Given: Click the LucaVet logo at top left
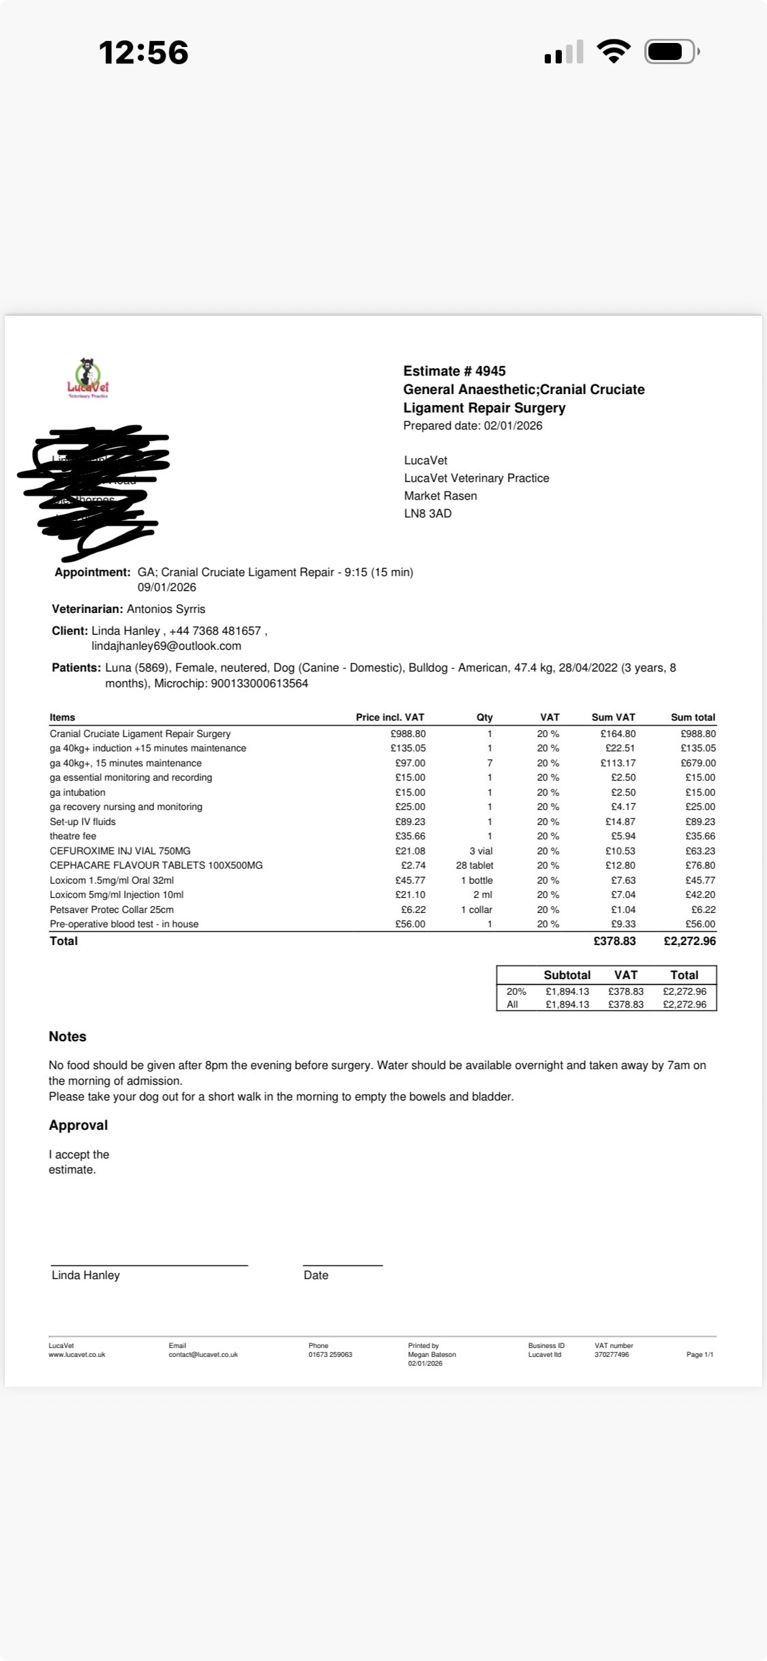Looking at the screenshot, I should pyautogui.click(x=88, y=378).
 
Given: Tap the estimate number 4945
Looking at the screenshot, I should pyautogui.click(x=490, y=371).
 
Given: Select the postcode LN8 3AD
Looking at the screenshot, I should pyautogui.click(x=427, y=513).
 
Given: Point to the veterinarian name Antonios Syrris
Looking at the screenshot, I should pyautogui.click(x=166, y=609).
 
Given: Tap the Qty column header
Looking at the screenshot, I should pyautogui.click(x=484, y=717).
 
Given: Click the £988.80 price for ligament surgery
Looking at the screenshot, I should pyautogui.click(x=408, y=734).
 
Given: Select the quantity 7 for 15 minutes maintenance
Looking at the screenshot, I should pyautogui.click(x=490, y=763).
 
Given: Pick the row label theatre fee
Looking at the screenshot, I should pyautogui.click(x=73, y=836).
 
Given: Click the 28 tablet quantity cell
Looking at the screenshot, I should pyautogui.click(x=475, y=865).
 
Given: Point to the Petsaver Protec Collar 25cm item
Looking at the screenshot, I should pyautogui.click(x=112, y=910).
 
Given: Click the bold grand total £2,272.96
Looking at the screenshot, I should pyautogui.click(x=689, y=941).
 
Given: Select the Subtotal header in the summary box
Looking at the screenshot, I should pyautogui.click(x=567, y=975).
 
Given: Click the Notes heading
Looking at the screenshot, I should pyautogui.click(x=67, y=1036).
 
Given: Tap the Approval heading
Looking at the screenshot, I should pyautogui.click(x=78, y=1125).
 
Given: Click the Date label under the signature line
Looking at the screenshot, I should pyautogui.click(x=316, y=1275).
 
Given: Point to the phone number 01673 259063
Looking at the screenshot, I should pyautogui.click(x=330, y=1355).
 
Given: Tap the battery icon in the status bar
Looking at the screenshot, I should pyautogui.click(x=671, y=52).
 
